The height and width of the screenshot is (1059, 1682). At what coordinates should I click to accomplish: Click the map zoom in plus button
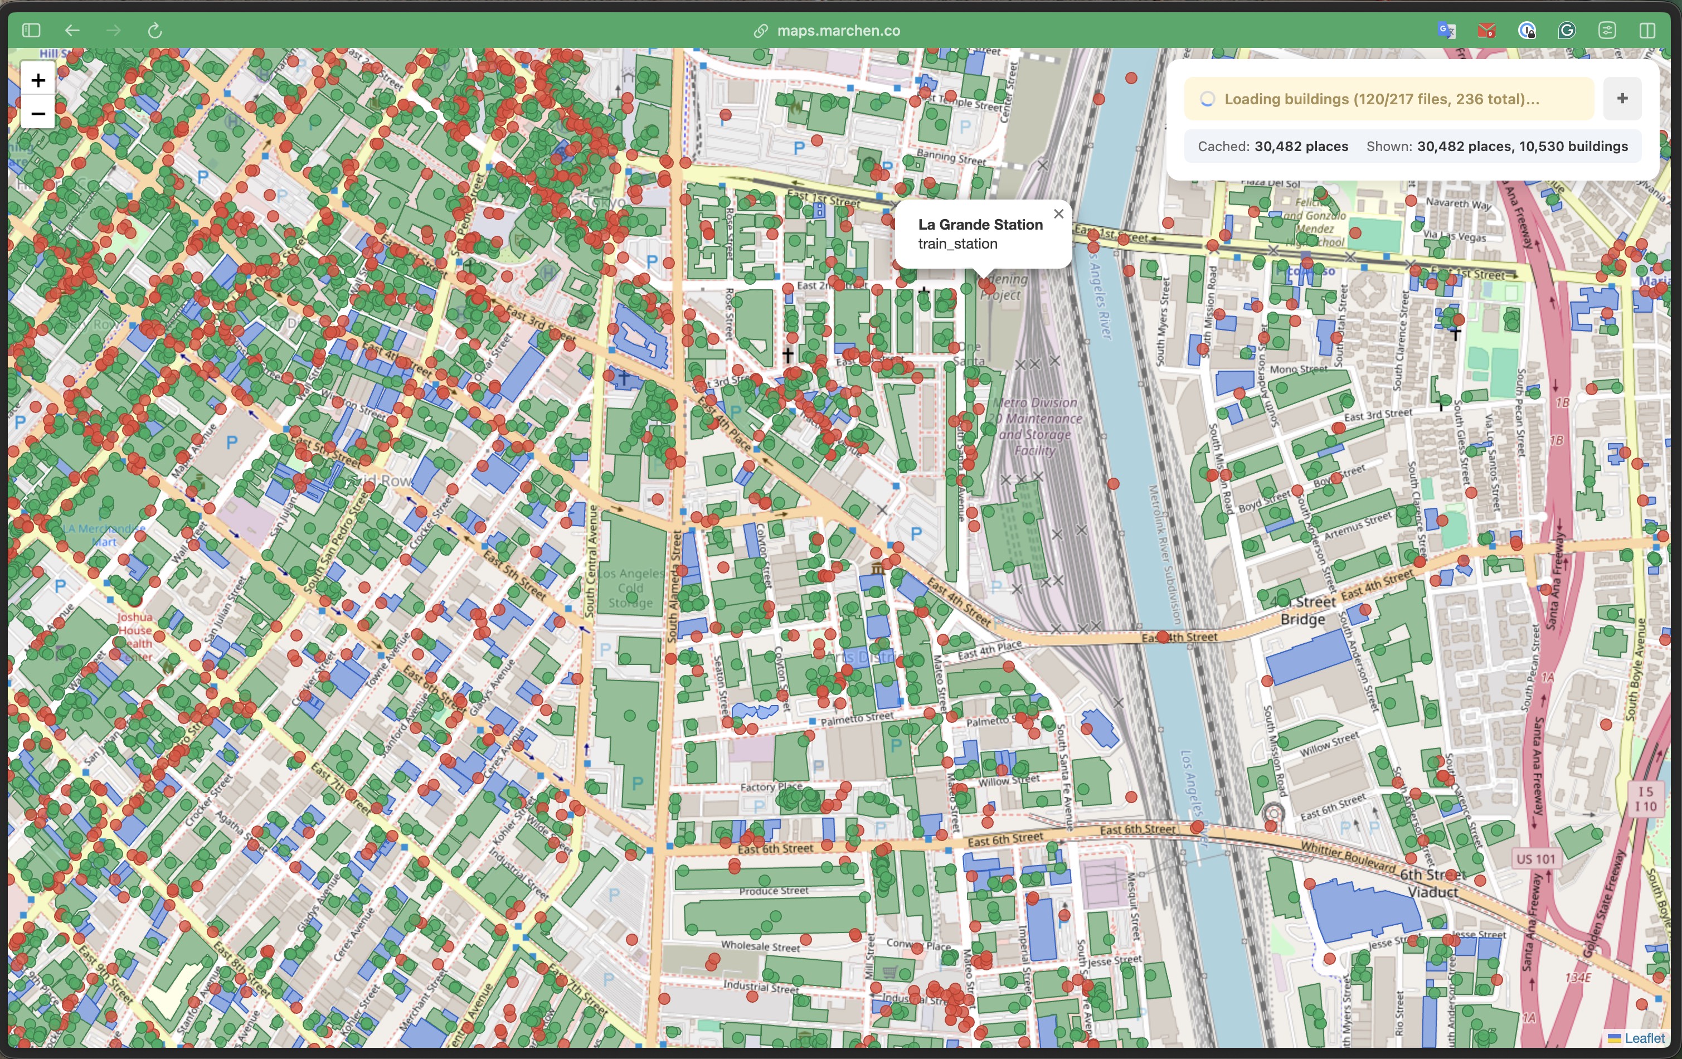[x=38, y=80]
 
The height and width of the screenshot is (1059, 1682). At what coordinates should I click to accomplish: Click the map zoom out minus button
[x=38, y=113]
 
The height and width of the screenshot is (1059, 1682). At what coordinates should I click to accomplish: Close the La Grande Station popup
[x=1059, y=214]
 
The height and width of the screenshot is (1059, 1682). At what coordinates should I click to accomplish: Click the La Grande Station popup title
[x=980, y=224]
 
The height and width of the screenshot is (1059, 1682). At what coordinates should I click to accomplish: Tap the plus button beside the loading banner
[x=1622, y=99]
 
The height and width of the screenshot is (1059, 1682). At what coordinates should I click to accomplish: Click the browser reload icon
[x=155, y=30]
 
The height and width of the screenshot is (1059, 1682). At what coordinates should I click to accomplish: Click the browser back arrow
[x=72, y=30]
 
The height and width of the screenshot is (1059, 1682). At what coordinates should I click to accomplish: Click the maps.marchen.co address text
[x=838, y=30]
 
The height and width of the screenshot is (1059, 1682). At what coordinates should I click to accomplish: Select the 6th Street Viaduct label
[x=1432, y=883]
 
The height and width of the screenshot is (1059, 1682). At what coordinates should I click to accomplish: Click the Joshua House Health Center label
[x=135, y=637]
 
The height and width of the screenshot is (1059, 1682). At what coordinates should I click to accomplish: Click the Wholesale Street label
[x=760, y=946]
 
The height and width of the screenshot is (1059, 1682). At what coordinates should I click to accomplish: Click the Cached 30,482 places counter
[x=1273, y=146]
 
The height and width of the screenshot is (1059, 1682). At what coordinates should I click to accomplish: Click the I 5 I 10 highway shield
[x=1645, y=799]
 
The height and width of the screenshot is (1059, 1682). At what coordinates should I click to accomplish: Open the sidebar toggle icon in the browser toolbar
[x=31, y=30]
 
